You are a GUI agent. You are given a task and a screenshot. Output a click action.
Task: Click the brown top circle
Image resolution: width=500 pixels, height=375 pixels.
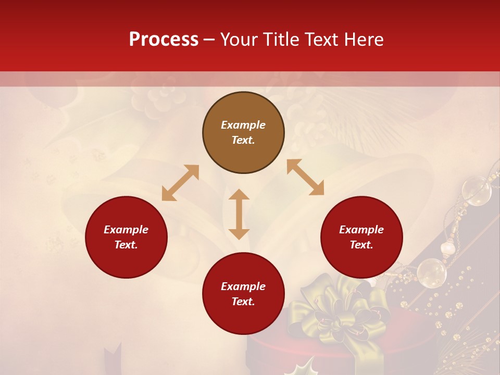click(243, 133)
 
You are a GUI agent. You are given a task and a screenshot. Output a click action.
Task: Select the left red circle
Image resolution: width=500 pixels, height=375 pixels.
click(126, 238)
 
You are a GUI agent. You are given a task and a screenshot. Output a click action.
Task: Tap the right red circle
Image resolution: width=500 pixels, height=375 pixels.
click(361, 238)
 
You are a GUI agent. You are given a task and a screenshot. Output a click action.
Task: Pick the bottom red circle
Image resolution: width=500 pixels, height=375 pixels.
click(243, 294)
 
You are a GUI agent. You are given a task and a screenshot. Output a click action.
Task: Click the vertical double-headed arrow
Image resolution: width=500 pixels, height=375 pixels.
click(239, 214)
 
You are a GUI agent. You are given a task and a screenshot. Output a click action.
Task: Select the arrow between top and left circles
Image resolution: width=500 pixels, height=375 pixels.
click(180, 183)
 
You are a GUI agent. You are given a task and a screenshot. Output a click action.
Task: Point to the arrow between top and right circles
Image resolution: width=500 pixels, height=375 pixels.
click(305, 177)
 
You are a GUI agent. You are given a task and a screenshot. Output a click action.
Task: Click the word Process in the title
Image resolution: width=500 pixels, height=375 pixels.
click(164, 39)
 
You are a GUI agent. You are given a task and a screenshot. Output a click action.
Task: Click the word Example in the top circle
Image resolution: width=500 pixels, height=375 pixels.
click(243, 125)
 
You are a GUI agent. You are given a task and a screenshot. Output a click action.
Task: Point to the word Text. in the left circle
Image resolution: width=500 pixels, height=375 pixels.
click(126, 245)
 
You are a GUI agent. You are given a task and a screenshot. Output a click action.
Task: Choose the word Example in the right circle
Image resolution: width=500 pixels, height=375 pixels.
click(361, 230)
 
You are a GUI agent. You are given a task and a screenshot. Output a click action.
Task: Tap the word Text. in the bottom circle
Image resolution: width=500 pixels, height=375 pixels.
click(243, 302)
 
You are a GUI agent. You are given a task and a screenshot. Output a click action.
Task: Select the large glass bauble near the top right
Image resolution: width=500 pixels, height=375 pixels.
click(476, 191)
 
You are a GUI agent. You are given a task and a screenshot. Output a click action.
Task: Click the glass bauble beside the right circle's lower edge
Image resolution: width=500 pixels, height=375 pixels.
click(431, 272)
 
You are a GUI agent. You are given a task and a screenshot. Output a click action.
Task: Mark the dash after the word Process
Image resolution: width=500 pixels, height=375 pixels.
click(209, 40)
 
